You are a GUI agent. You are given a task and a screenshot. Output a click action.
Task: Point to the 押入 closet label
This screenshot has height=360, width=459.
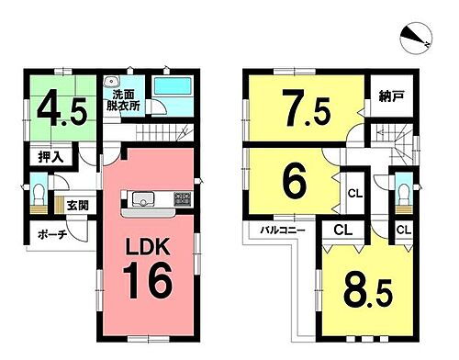pos(50,157)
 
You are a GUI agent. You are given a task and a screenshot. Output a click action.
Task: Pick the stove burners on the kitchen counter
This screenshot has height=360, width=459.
pos(181,198)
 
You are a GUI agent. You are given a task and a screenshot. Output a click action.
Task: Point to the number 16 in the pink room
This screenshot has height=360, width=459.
pos(148,280)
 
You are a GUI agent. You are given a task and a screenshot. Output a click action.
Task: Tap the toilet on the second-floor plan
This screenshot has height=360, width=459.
pos(404,195)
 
